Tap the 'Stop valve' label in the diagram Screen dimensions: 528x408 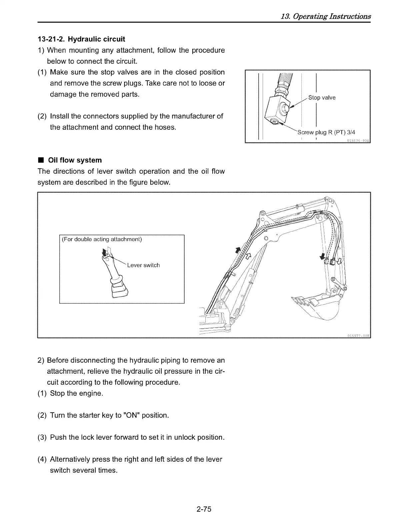[x=322, y=98]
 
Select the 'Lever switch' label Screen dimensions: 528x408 [x=143, y=265]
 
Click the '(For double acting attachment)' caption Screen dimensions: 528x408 [x=102, y=239]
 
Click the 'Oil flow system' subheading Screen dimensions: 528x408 [x=75, y=160]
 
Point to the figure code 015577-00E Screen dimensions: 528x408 [x=358, y=335]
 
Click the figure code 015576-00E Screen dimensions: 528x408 [x=358, y=140]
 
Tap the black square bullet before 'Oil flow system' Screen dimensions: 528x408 [x=41, y=160]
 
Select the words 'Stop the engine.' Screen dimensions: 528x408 [x=76, y=393]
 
